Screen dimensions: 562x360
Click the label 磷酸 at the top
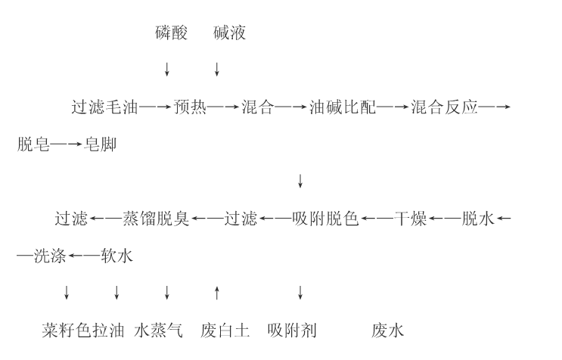172,33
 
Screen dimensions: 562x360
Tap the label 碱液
229,33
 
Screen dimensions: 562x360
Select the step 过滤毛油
104,107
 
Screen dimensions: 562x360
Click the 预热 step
190,107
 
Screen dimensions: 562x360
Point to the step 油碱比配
343,107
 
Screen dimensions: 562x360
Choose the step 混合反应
445,107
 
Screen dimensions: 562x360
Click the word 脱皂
33,144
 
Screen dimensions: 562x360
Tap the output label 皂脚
101,144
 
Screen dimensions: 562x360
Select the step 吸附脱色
325,219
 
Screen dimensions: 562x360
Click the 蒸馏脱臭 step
156,219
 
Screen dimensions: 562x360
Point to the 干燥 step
411,219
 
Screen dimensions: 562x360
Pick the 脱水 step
478,219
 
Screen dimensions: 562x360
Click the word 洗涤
50,256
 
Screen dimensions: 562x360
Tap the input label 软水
116,256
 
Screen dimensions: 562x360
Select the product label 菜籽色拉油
83,331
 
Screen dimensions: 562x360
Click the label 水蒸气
158,331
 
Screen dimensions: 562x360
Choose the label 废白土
225,331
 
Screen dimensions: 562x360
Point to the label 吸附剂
292,331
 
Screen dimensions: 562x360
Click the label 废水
388,331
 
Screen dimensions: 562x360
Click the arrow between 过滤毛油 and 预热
155,107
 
